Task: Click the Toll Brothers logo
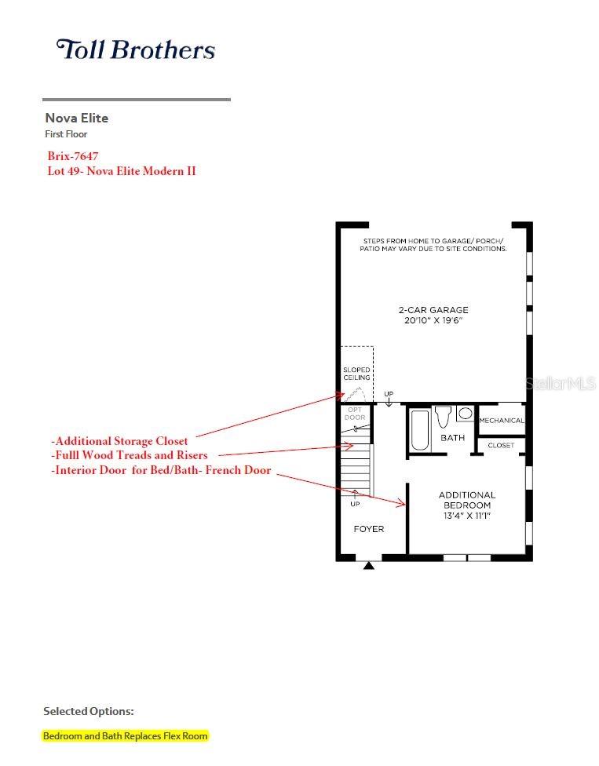point(136,49)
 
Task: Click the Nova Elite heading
point(77,118)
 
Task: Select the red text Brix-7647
point(73,156)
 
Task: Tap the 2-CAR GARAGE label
point(433,310)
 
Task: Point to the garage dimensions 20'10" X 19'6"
point(433,320)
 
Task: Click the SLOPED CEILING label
point(356,374)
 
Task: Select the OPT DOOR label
point(355,414)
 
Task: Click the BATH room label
point(452,438)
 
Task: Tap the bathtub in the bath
point(420,430)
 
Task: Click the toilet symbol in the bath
point(444,417)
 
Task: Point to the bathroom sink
point(465,414)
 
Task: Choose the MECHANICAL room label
point(502,420)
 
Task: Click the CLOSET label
point(501,445)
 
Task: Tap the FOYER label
point(369,528)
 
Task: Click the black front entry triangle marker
point(369,566)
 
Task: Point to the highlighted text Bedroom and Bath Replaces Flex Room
point(125,735)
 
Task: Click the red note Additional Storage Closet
point(119,441)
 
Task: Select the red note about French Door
point(161,470)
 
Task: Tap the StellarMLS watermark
point(561,384)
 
